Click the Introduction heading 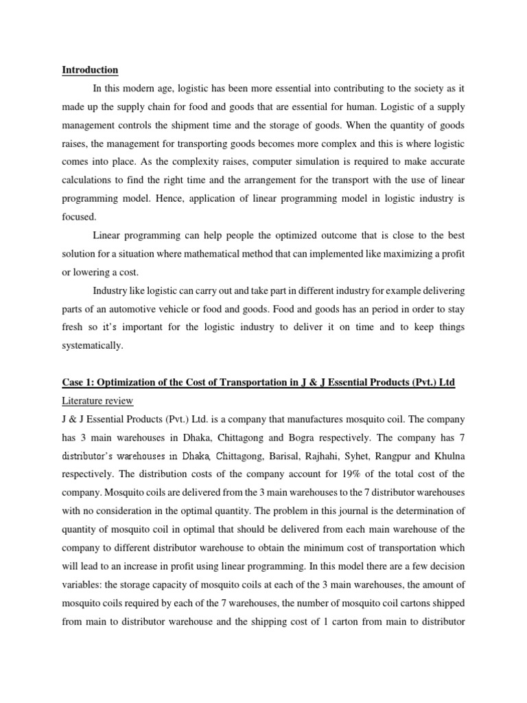pyautogui.click(x=90, y=70)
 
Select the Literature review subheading pyautogui.click(x=96, y=400)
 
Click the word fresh pyautogui.click(x=73, y=327)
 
